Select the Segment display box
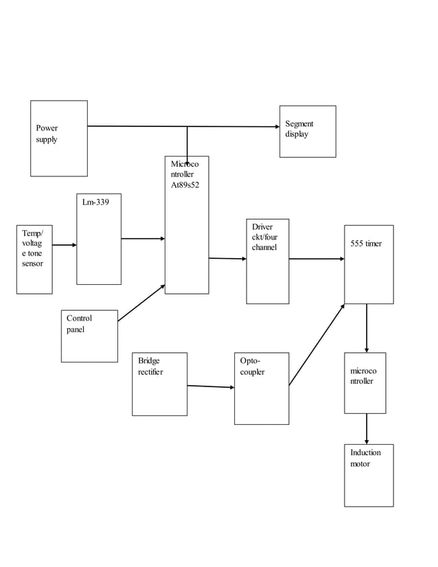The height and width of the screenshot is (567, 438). (x=308, y=131)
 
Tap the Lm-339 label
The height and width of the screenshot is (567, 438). (x=91, y=202)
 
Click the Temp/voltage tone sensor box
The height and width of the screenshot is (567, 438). (x=34, y=259)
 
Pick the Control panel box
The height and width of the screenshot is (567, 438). (x=89, y=336)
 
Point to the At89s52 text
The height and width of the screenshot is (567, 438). (x=185, y=185)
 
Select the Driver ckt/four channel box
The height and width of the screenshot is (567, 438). (x=268, y=261)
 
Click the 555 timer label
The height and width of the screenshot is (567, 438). (x=366, y=244)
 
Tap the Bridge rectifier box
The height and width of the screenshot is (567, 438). (x=159, y=384)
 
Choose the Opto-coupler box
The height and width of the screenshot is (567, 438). (x=262, y=388)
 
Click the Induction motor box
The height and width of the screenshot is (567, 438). (x=369, y=475)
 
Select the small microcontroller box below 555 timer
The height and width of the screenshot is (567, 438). (x=365, y=382)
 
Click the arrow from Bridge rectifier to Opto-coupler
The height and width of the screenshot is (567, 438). (x=210, y=386)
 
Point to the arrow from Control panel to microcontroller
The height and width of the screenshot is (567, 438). (x=141, y=303)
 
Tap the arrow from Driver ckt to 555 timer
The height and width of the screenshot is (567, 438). (x=316, y=259)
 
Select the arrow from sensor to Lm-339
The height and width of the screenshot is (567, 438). (x=65, y=244)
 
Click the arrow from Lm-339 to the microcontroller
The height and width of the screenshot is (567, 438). (x=143, y=239)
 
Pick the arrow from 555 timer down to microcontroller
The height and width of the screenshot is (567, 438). (x=367, y=328)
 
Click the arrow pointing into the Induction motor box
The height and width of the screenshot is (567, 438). (x=367, y=429)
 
